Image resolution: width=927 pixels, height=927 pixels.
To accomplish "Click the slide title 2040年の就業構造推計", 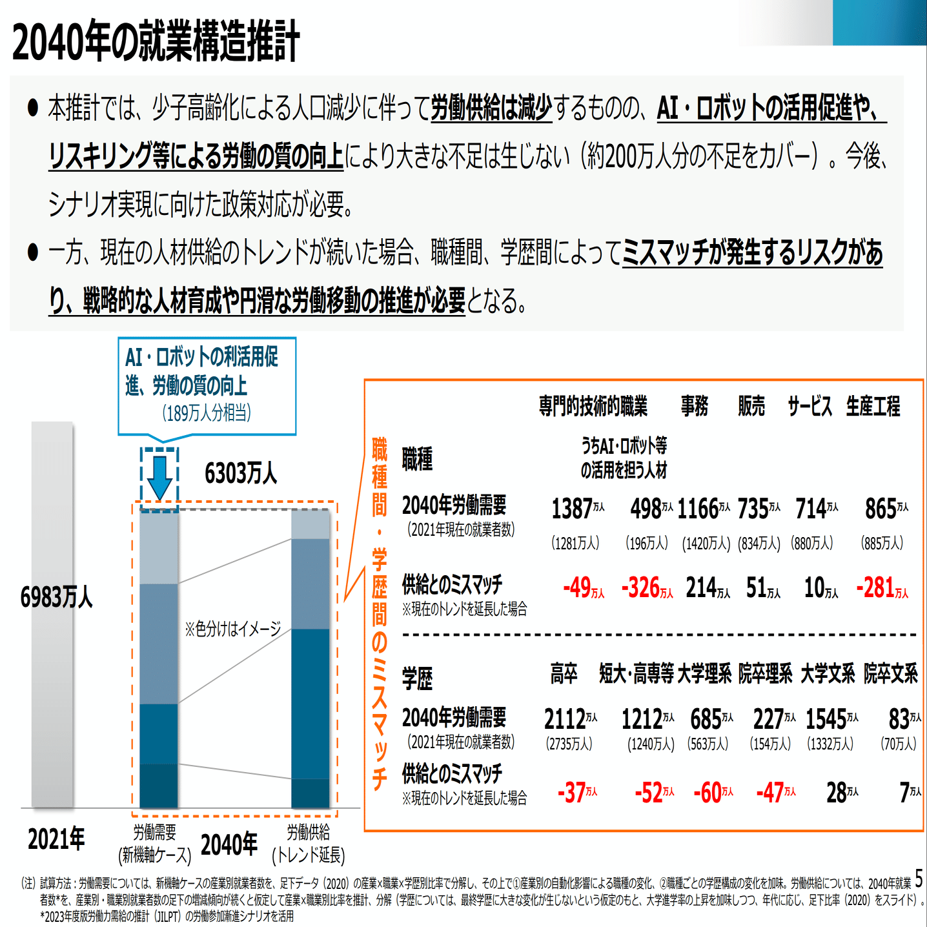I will [x=156, y=41].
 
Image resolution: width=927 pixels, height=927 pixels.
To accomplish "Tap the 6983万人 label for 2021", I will [x=56, y=597].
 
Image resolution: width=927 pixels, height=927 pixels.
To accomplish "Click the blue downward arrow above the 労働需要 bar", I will [x=159, y=476].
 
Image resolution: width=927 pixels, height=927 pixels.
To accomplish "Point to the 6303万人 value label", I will [x=240, y=474].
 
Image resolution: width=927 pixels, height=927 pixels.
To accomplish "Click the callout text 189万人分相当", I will [x=207, y=413].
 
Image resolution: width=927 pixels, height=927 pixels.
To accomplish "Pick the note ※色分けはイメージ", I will [x=233, y=628].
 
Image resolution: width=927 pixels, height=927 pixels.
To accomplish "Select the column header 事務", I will [x=695, y=406].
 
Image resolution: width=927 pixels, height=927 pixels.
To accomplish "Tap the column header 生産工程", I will [x=873, y=406].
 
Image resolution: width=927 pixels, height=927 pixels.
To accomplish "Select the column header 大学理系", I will [x=704, y=674].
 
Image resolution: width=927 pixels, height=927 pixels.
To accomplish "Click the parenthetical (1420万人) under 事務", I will [x=706, y=544].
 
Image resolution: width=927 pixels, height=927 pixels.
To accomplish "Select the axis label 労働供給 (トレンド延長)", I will [x=309, y=844].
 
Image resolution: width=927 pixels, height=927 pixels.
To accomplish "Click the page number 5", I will [x=919, y=879].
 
